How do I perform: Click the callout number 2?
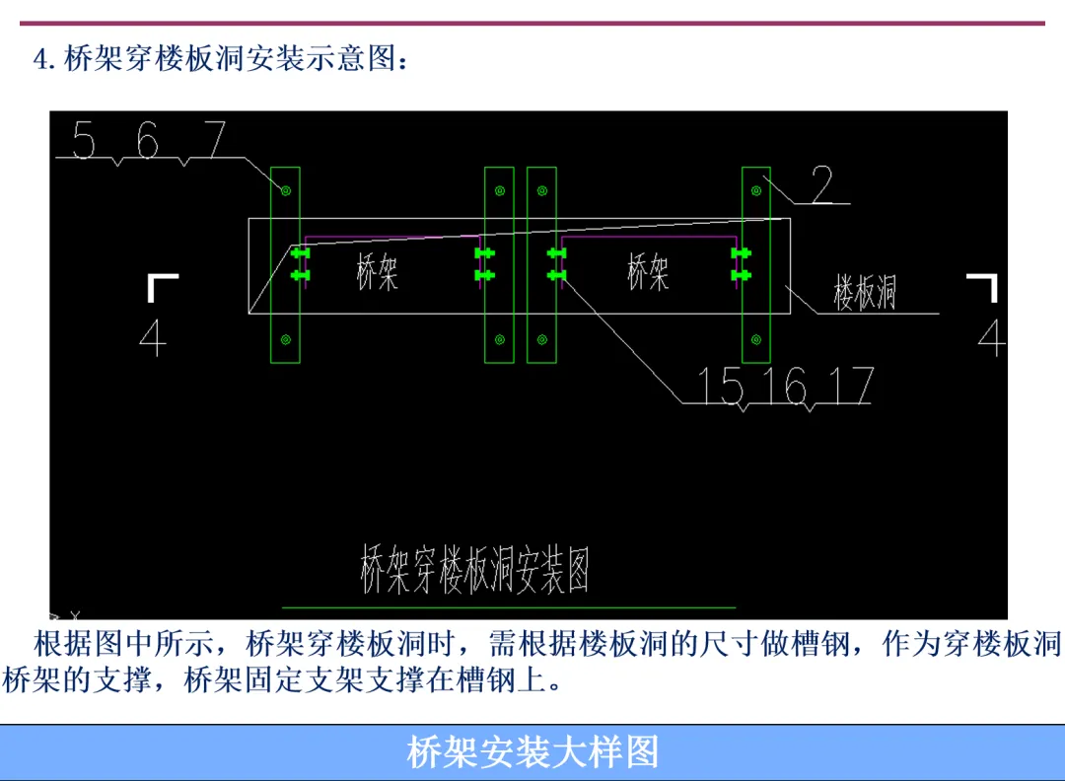822,184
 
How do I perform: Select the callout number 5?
84,142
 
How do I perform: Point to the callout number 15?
720,386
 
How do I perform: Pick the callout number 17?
850,386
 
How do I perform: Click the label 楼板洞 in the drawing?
865,293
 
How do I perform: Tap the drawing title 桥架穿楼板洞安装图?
474,571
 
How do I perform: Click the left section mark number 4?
153,338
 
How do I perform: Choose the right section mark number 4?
990,338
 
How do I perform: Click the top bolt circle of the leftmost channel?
285,189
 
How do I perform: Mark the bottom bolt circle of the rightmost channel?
756,340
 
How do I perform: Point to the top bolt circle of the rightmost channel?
756,190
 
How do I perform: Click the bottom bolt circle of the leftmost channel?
285,340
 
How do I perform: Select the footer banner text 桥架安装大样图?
532,752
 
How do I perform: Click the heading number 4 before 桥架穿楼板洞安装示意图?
41,59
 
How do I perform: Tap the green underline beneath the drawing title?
509,607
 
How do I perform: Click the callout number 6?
147,142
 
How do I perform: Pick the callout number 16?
785,386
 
